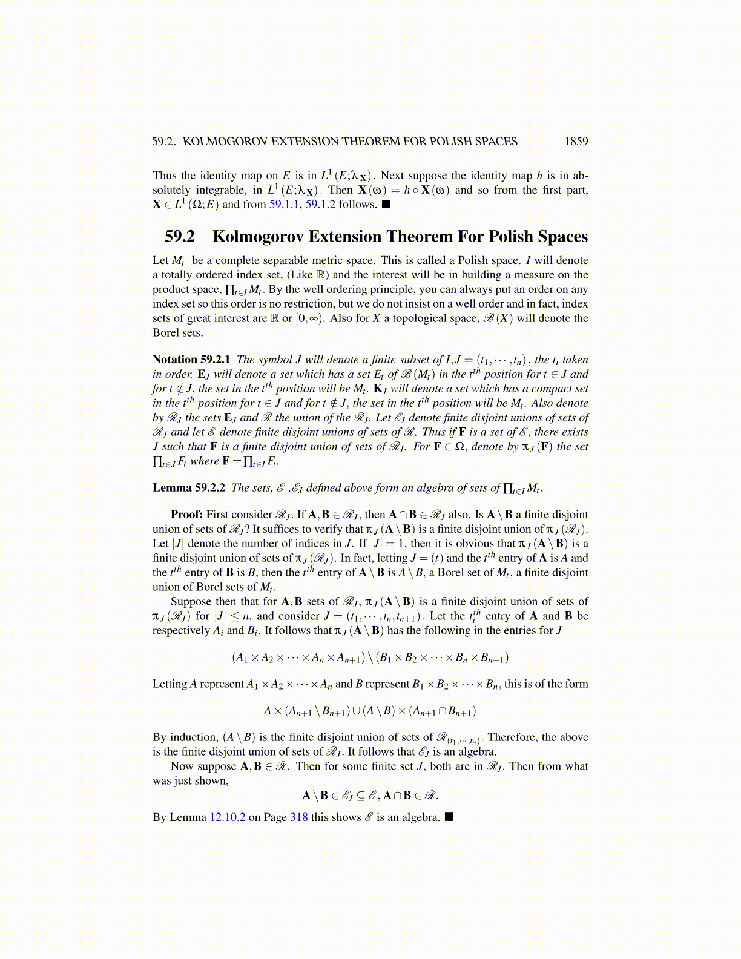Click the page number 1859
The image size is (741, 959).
pyautogui.click(x=576, y=142)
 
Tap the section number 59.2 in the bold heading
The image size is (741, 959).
pyautogui.click(x=179, y=237)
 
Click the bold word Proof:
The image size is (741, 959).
pyautogui.click(x=187, y=515)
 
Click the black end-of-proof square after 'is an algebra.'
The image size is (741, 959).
pyautogui.click(x=449, y=817)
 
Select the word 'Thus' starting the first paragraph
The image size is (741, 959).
pyautogui.click(x=164, y=176)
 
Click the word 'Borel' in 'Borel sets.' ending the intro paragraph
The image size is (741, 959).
pyautogui.click(x=166, y=333)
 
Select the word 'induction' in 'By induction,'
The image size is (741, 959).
pyautogui.click(x=194, y=737)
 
